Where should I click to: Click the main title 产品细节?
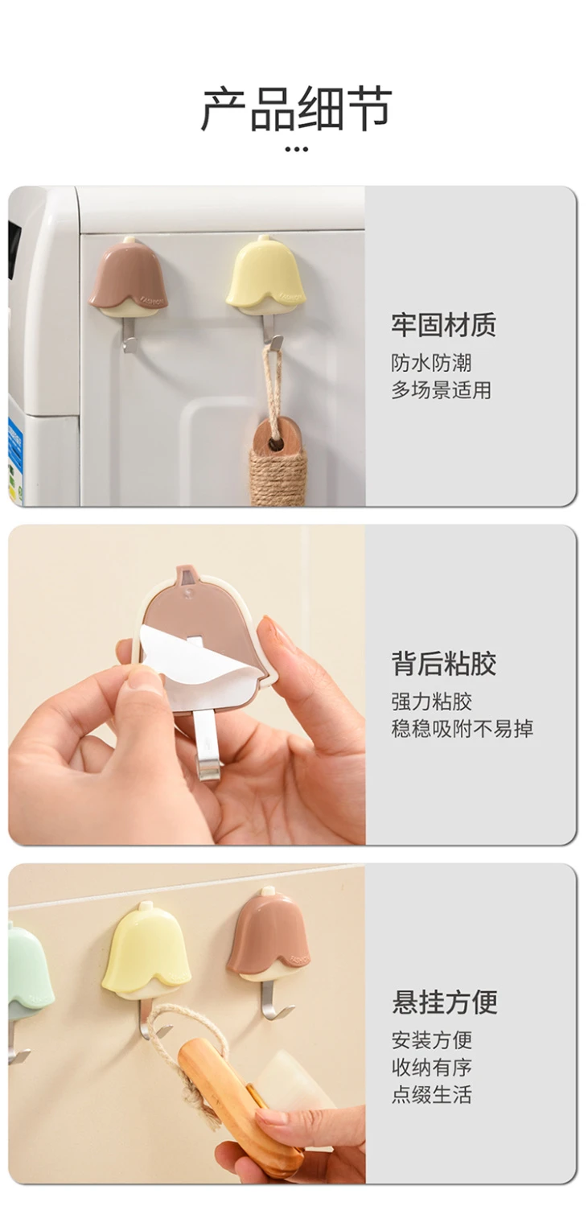click(296, 109)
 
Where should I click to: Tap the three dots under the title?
click(296, 149)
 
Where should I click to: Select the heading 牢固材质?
click(444, 325)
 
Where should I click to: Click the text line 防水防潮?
click(431, 363)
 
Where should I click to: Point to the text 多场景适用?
click(441, 389)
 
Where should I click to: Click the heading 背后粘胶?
click(444, 663)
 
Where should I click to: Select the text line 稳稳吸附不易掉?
click(462, 728)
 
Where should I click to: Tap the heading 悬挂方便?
click(444, 1002)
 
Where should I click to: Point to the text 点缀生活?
click(431, 1094)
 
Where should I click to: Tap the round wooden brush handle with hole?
click(278, 437)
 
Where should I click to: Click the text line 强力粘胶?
click(431, 702)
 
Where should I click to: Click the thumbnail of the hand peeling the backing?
click(187, 685)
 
